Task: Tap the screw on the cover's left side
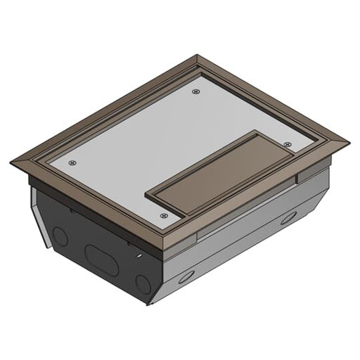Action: click(x=72, y=162)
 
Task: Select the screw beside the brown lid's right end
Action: click(x=288, y=143)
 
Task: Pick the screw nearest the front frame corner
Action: click(x=164, y=215)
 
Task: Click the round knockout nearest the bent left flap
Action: click(x=60, y=237)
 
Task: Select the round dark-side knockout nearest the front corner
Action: click(x=143, y=284)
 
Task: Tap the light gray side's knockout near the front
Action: click(x=187, y=277)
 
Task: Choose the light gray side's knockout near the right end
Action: click(x=288, y=217)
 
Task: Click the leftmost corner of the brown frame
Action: click(x=11, y=162)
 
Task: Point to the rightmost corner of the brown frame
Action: click(x=349, y=141)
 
